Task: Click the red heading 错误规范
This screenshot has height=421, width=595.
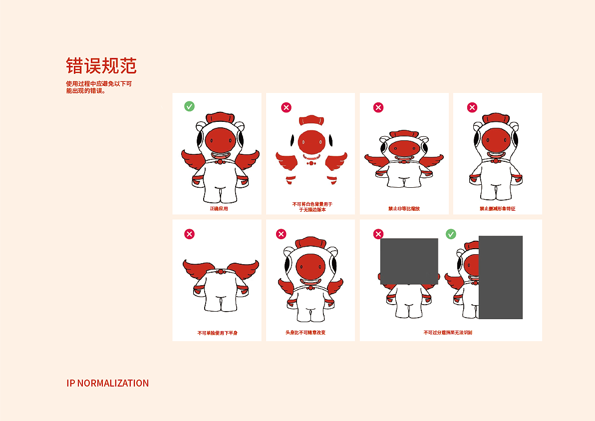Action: click(101, 66)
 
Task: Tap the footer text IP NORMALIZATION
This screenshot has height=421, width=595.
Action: click(107, 383)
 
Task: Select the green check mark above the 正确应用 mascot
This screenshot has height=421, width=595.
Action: click(189, 106)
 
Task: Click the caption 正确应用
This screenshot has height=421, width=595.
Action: click(219, 208)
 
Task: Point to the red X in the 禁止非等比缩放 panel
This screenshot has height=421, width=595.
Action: click(378, 107)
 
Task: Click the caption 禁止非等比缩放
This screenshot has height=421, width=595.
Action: click(404, 208)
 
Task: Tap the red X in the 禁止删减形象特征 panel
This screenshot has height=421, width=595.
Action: click(472, 107)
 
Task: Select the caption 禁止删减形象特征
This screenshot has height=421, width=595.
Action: click(497, 208)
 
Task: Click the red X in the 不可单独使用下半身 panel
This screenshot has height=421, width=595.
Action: click(189, 234)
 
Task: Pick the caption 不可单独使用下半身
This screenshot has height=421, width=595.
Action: click(217, 333)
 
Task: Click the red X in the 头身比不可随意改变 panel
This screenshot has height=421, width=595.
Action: click(281, 234)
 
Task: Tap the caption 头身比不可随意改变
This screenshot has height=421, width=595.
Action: click(305, 332)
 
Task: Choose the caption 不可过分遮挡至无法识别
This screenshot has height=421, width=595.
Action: click(448, 332)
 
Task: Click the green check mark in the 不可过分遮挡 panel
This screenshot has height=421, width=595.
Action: click(451, 234)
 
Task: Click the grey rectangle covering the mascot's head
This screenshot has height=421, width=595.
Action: click(409, 261)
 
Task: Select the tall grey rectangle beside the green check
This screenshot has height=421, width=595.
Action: click(500, 277)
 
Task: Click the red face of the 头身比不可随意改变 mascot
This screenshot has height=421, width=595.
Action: click(310, 268)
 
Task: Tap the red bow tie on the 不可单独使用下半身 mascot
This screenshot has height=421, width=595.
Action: click(220, 272)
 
